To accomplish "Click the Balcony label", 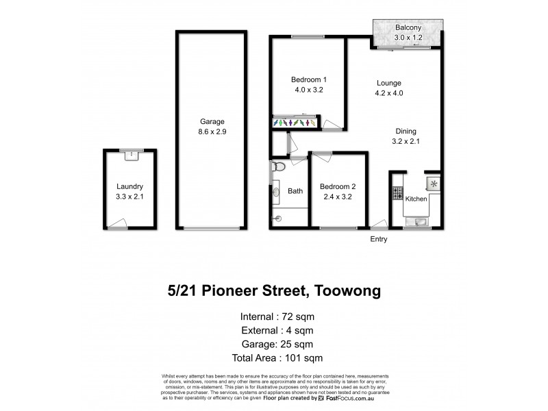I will [408, 27].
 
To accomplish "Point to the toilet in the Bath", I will [277, 167].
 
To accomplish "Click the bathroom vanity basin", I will [276, 194].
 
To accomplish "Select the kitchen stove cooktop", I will [397, 193].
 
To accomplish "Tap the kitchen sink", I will [419, 221].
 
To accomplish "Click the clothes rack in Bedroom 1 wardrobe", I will [295, 123].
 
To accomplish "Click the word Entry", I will [379, 239].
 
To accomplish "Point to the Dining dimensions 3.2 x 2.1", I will [405, 142].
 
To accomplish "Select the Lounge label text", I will [388, 83].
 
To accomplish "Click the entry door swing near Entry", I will [377, 223].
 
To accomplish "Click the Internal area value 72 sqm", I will [296, 316].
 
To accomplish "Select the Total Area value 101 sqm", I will [301, 358].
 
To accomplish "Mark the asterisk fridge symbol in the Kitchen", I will [433, 183].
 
